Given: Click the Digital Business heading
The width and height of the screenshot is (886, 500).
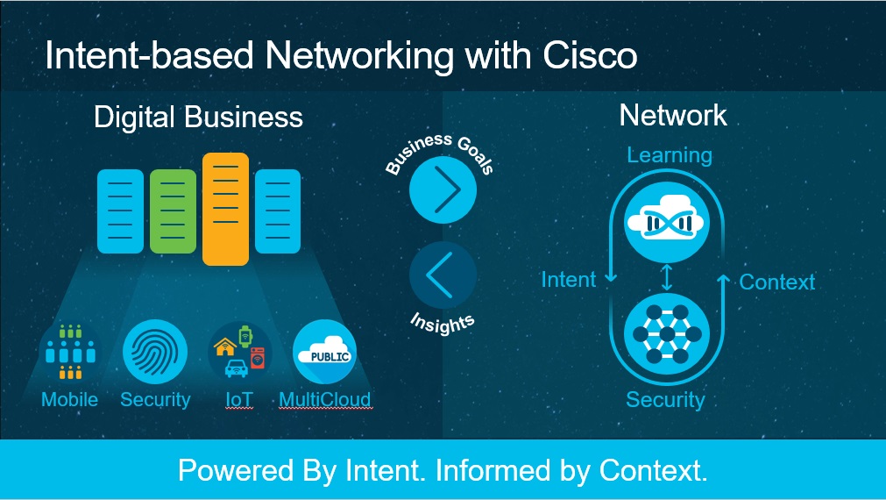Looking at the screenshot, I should point(198,117).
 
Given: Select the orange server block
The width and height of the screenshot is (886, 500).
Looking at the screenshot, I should point(225,209).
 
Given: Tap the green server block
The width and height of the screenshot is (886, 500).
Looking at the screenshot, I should point(173,211).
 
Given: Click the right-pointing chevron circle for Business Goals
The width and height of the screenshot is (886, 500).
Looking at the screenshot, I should point(443,189).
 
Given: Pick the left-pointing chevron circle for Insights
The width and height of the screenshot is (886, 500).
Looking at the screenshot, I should point(443,275).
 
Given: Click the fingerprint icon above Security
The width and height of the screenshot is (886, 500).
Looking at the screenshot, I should point(155,353).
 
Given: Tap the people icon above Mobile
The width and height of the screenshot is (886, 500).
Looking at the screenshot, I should point(69,353).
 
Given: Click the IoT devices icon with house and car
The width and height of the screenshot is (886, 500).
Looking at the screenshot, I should point(239,353).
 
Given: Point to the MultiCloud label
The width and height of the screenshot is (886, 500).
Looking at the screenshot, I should point(324,400).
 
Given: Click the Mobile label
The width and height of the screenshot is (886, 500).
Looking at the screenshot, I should point(69,400).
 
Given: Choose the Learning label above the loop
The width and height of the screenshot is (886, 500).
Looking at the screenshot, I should point(669,155).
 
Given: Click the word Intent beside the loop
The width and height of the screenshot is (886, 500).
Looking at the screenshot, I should point(568,280).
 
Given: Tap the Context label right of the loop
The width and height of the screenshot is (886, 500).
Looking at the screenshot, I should point(776,282).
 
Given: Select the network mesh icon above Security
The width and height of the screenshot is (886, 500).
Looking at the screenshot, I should point(666,335).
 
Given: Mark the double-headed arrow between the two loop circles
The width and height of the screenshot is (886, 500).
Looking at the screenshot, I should point(667,278).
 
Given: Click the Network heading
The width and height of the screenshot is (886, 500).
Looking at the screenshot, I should point(672,115).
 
